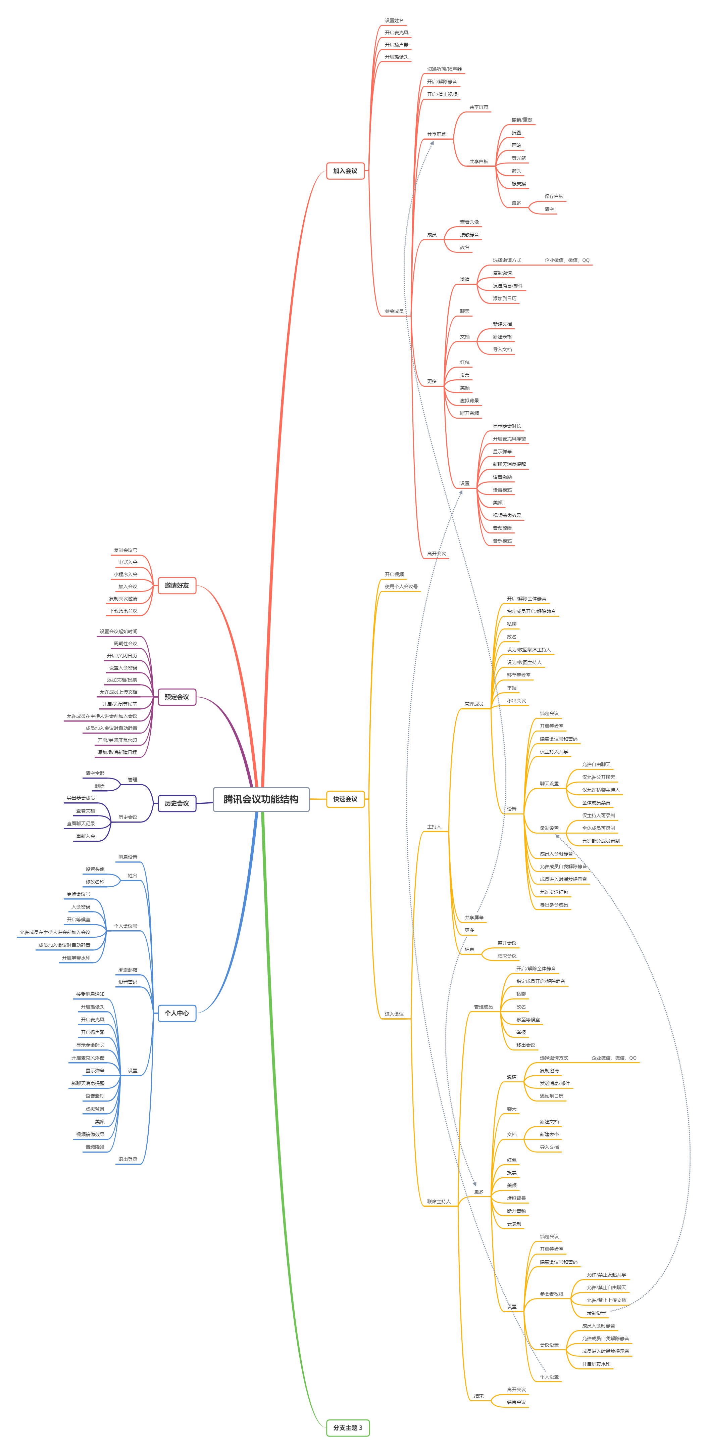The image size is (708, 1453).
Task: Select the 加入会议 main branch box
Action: coord(345,171)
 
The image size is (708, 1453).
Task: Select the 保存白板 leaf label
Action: coord(554,197)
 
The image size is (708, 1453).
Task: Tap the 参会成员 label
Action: coord(394,311)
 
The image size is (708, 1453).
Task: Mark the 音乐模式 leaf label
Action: coord(502,541)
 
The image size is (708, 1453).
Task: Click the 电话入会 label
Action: coord(128,562)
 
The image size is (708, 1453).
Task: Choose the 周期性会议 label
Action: coord(125,644)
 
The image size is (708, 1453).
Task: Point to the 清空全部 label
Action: coord(95,773)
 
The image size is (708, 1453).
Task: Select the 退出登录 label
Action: coord(128,1160)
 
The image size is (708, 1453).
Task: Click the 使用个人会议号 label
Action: coord(401,587)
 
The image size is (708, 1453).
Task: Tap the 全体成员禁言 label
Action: coord(596,803)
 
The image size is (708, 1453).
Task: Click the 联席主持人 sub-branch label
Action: coord(439,1202)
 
